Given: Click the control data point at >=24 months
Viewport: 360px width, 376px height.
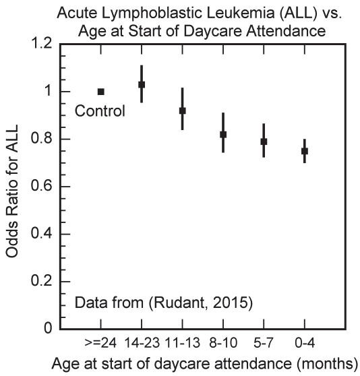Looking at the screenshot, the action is [x=101, y=92].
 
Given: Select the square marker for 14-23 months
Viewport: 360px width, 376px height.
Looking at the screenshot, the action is [x=142, y=85].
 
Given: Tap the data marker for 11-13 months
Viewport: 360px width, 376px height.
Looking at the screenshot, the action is [x=183, y=111].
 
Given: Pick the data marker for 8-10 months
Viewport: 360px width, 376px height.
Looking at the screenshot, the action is [x=223, y=135].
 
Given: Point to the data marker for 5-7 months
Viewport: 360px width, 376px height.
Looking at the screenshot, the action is [x=264, y=142].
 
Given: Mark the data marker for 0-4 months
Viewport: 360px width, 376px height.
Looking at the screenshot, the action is [x=305, y=152].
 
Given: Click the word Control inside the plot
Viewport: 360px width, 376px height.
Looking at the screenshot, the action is [x=100, y=111].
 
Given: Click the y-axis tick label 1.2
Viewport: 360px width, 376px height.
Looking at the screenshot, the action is [x=42, y=44].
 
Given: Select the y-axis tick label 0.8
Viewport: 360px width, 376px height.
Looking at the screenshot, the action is [x=42, y=139].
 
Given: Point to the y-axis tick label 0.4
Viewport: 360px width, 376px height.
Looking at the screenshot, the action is [x=42, y=234].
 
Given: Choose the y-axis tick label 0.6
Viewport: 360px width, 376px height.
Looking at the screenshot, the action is [x=42, y=187].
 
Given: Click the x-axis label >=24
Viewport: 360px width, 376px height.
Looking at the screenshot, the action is [x=100, y=343].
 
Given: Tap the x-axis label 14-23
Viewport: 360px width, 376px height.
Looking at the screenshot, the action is [x=142, y=343].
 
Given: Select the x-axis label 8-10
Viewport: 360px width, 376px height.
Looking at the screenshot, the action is [x=223, y=343].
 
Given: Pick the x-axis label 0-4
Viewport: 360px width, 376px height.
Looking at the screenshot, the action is [x=305, y=343].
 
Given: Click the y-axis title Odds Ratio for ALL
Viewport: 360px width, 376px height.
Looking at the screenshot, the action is [x=12, y=191].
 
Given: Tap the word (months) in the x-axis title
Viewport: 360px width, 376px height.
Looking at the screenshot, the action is [x=327, y=364].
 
